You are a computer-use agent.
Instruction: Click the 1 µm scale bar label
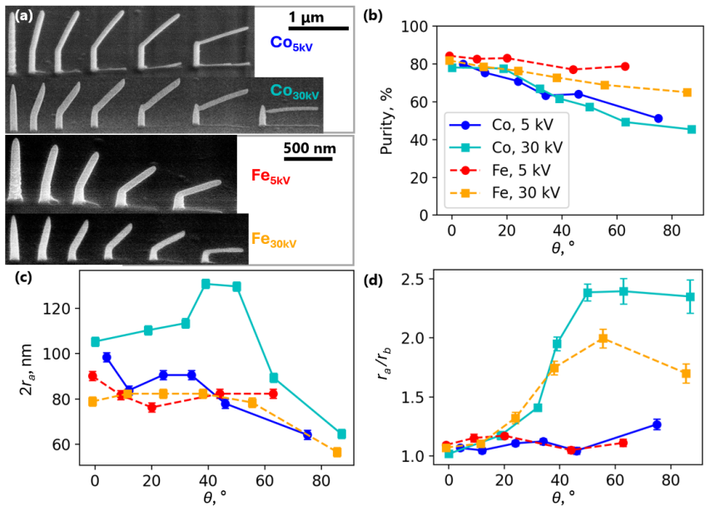(x=306, y=17)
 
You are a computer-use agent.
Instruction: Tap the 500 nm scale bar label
(x=310, y=148)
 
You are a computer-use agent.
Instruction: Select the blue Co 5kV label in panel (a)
(x=291, y=43)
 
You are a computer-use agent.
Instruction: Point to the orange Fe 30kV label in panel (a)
(x=274, y=240)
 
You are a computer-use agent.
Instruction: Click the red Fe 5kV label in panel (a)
(x=271, y=176)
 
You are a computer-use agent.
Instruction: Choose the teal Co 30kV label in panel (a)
(x=295, y=92)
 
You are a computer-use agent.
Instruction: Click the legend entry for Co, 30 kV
(x=506, y=147)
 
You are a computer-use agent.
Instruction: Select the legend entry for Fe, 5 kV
(x=500, y=170)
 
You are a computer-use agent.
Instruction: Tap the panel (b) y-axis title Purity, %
(x=386, y=121)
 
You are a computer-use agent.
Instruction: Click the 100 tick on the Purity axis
(x=415, y=27)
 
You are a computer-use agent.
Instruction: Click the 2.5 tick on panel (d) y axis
(x=412, y=279)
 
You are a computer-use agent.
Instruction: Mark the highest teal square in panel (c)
(x=206, y=285)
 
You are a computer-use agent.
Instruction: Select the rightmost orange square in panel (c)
(x=337, y=452)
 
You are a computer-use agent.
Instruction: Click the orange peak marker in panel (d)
(x=603, y=338)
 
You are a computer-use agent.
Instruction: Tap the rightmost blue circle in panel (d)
(x=657, y=424)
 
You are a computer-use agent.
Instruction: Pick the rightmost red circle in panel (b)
(x=625, y=67)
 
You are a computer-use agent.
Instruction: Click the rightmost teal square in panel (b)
(x=692, y=130)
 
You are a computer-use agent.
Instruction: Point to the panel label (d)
(x=374, y=280)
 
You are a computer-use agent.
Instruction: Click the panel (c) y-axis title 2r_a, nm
(x=27, y=370)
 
